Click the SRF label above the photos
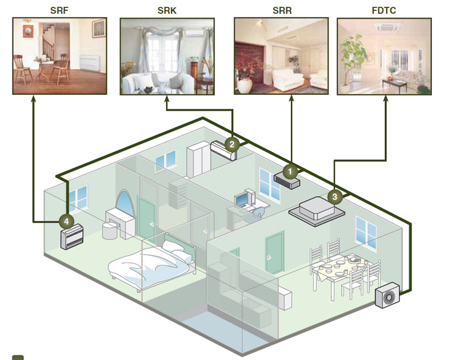coord(59,10)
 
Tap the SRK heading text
coord(167,10)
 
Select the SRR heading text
coord(282,10)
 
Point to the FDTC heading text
coord(384,10)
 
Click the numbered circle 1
coord(290,171)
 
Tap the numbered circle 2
coord(232,145)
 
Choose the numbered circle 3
coord(335,197)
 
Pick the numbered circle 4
coord(66,222)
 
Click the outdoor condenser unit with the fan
coord(388,295)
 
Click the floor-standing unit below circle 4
coord(72,237)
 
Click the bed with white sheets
coord(152,265)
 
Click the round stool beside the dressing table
coord(110,231)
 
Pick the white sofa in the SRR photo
coord(288,79)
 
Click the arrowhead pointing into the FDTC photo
coord(386,98)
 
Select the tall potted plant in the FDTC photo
coord(352,60)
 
